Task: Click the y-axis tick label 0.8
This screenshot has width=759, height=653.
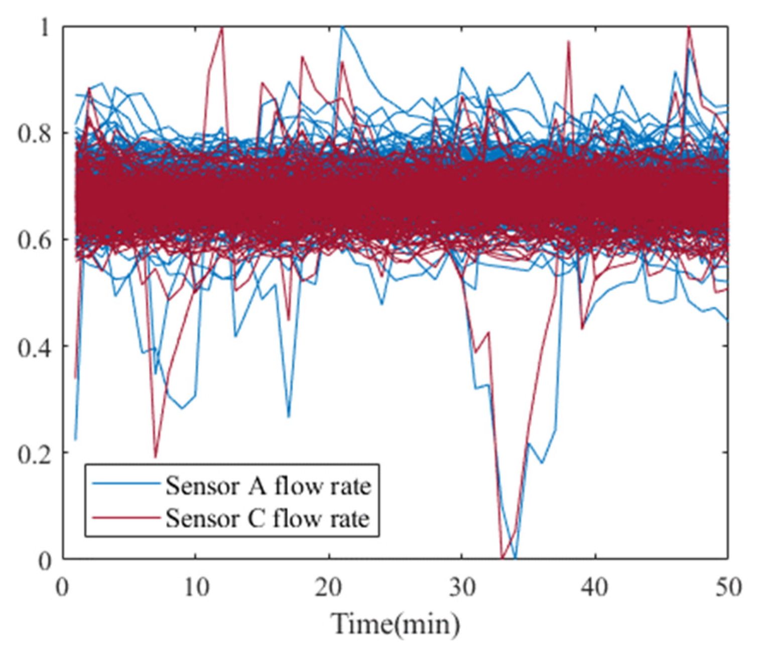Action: tap(35, 135)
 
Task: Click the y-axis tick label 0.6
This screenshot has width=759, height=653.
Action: tap(35, 240)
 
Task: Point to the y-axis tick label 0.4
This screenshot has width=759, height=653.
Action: tap(35, 347)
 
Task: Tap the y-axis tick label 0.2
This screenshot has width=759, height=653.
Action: tap(35, 454)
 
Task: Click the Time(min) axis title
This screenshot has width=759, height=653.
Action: tap(396, 624)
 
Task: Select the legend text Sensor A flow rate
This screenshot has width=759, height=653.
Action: tap(268, 486)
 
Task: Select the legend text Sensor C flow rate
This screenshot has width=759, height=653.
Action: tap(268, 518)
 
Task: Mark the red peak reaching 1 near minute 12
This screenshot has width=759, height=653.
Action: tap(222, 29)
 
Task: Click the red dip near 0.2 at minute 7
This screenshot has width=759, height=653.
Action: tap(156, 456)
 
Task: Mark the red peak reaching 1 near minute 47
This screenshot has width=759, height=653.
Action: tap(689, 29)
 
